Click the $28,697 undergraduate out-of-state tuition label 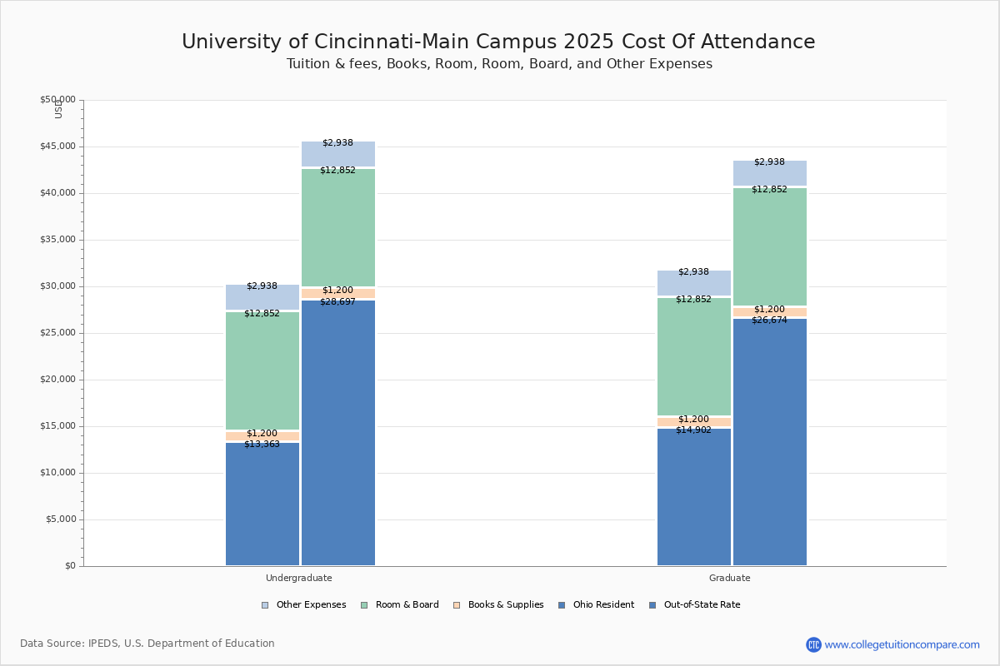click(x=337, y=302)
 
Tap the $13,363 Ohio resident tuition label click(x=262, y=445)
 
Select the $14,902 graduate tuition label click(x=693, y=430)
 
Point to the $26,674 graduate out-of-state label click(x=769, y=321)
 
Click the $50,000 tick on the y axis click(x=57, y=100)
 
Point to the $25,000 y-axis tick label click(x=57, y=333)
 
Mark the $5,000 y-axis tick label click(x=60, y=519)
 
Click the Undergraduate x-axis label click(x=298, y=578)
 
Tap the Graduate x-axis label click(x=730, y=578)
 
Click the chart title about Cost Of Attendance click(x=498, y=42)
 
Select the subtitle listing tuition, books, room click(x=499, y=64)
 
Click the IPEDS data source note click(x=147, y=644)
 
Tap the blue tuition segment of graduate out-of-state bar click(x=769, y=441)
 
